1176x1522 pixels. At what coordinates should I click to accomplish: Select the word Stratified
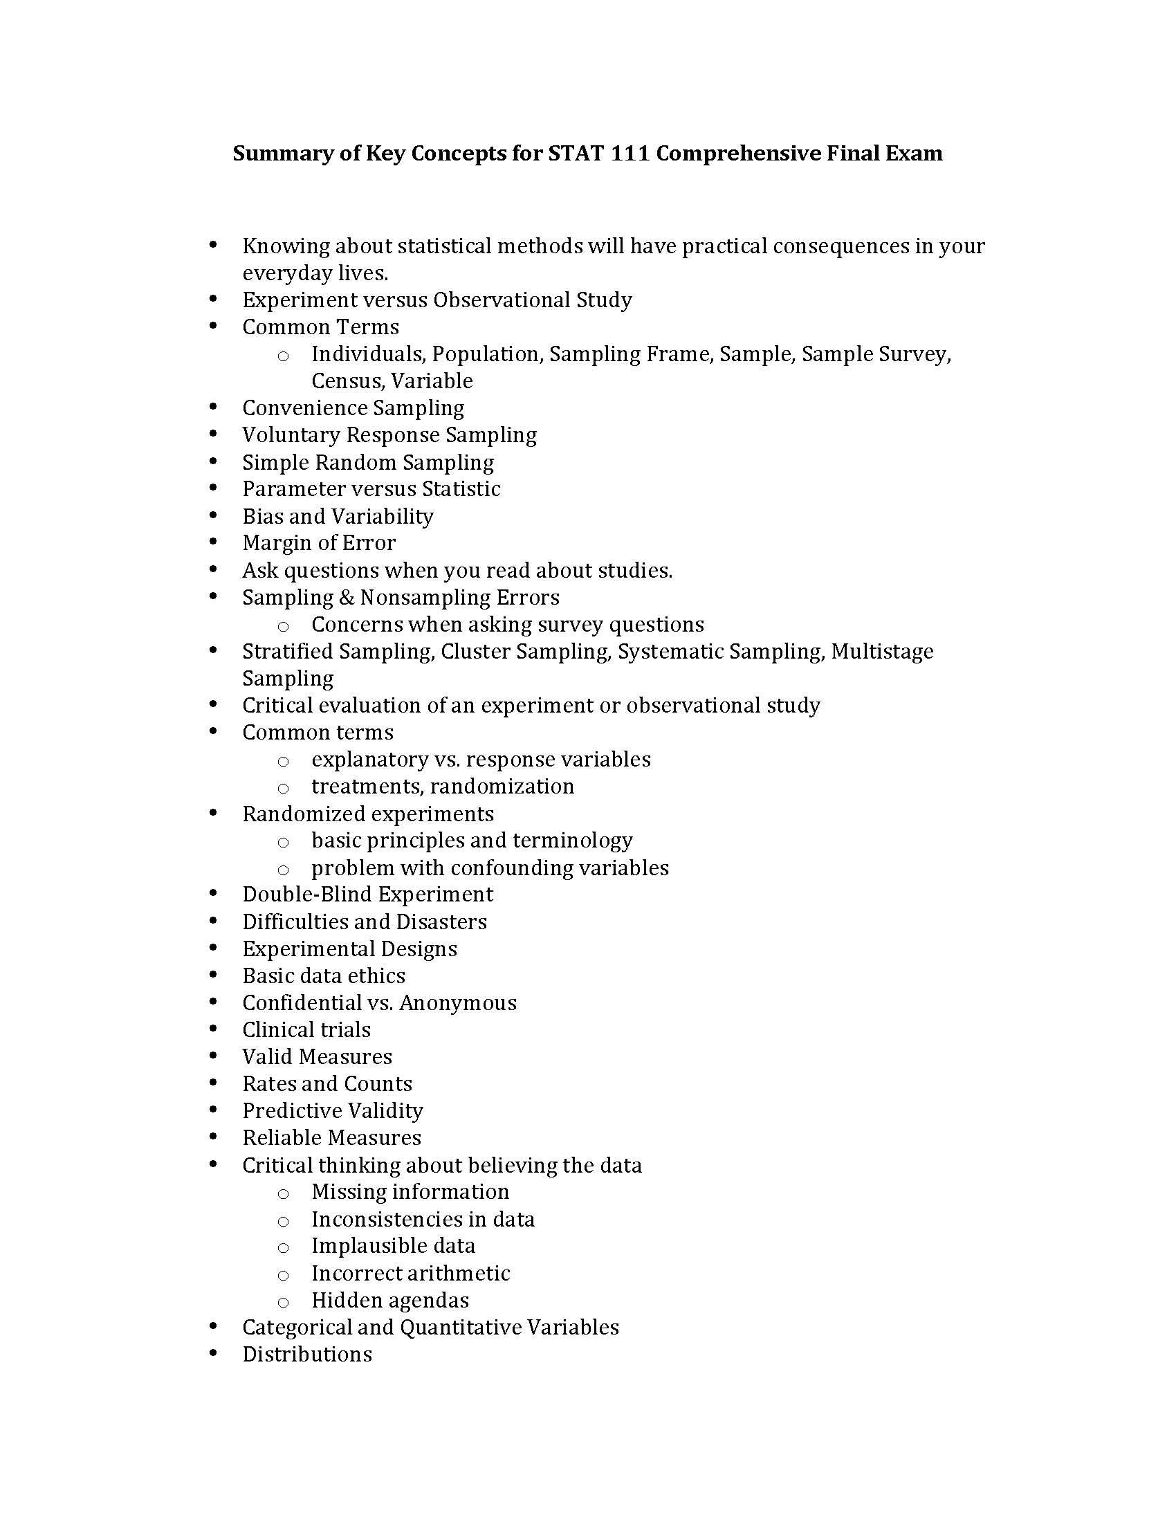click(287, 652)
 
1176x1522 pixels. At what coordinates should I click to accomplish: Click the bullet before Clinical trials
click(213, 1029)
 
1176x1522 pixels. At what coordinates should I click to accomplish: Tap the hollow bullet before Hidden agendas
click(283, 1302)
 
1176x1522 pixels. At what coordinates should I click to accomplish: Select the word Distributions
click(307, 1355)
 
